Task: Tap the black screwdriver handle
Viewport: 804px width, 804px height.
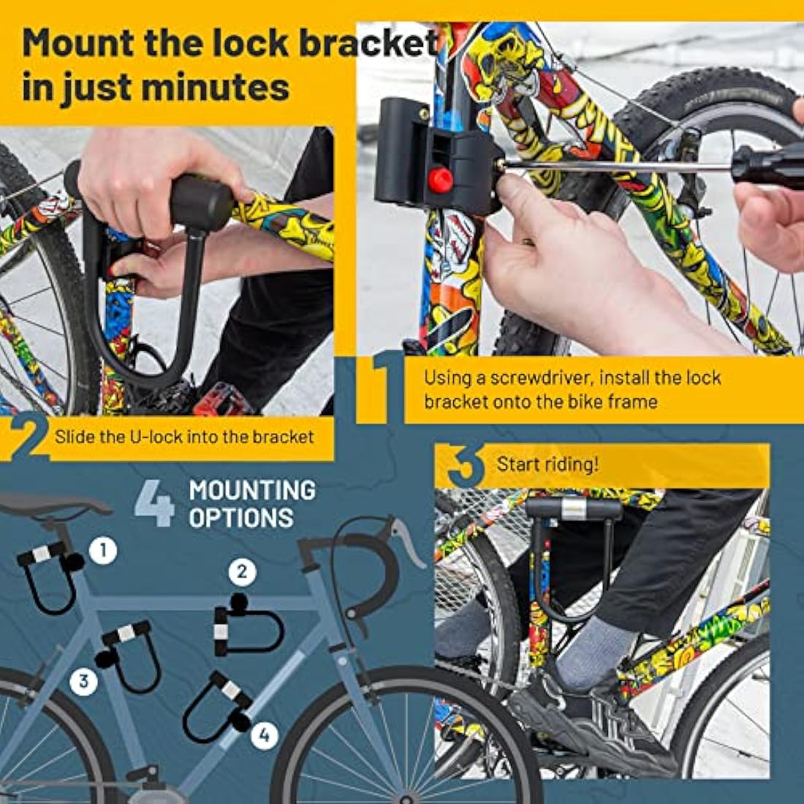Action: click(767, 167)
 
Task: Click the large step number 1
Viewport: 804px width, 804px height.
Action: click(380, 387)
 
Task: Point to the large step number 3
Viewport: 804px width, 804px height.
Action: click(463, 466)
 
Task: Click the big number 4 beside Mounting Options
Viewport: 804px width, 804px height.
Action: click(155, 503)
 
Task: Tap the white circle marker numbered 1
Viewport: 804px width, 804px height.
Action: click(103, 550)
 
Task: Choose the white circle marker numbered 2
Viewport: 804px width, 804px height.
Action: click(243, 572)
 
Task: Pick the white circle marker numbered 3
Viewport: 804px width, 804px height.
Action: click(84, 681)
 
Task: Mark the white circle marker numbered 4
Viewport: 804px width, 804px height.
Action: click(265, 735)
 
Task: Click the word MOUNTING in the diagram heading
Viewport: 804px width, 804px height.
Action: click(252, 490)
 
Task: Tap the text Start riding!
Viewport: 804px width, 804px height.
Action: click(547, 464)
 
